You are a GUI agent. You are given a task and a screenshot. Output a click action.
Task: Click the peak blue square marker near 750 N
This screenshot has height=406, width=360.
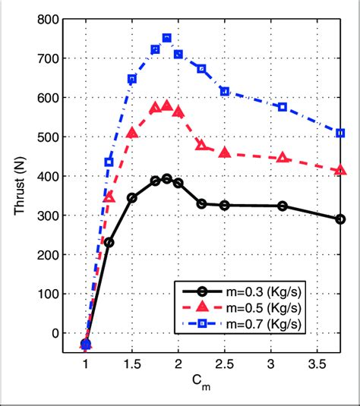(x=167, y=37)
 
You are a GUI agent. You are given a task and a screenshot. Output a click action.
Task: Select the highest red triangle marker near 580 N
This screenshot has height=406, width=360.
(x=167, y=105)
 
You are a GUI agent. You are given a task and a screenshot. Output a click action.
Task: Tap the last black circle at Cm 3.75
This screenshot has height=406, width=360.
(x=340, y=219)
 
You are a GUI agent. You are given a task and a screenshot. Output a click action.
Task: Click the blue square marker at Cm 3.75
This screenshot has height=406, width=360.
(x=340, y=133)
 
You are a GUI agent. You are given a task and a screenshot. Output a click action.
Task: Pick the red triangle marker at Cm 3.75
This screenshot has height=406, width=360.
(x=340, y=171)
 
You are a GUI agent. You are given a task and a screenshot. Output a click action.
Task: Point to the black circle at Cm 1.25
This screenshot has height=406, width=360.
(x=109, y=243)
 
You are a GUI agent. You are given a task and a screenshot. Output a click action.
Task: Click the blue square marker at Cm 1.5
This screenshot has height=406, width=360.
(x=132, y=79)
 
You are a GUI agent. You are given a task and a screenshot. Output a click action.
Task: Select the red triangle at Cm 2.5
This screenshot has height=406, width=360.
(x=225, y=153)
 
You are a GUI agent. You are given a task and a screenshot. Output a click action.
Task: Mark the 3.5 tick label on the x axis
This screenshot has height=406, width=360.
(x=317, y=365)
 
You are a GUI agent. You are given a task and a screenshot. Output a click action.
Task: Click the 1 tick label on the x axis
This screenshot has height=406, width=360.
(x=86, y=365)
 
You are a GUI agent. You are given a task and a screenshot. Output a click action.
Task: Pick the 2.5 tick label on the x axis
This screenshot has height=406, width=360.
(x=225, y=365)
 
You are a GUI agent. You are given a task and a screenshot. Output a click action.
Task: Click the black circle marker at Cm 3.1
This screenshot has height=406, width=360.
(x=283, y=206)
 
